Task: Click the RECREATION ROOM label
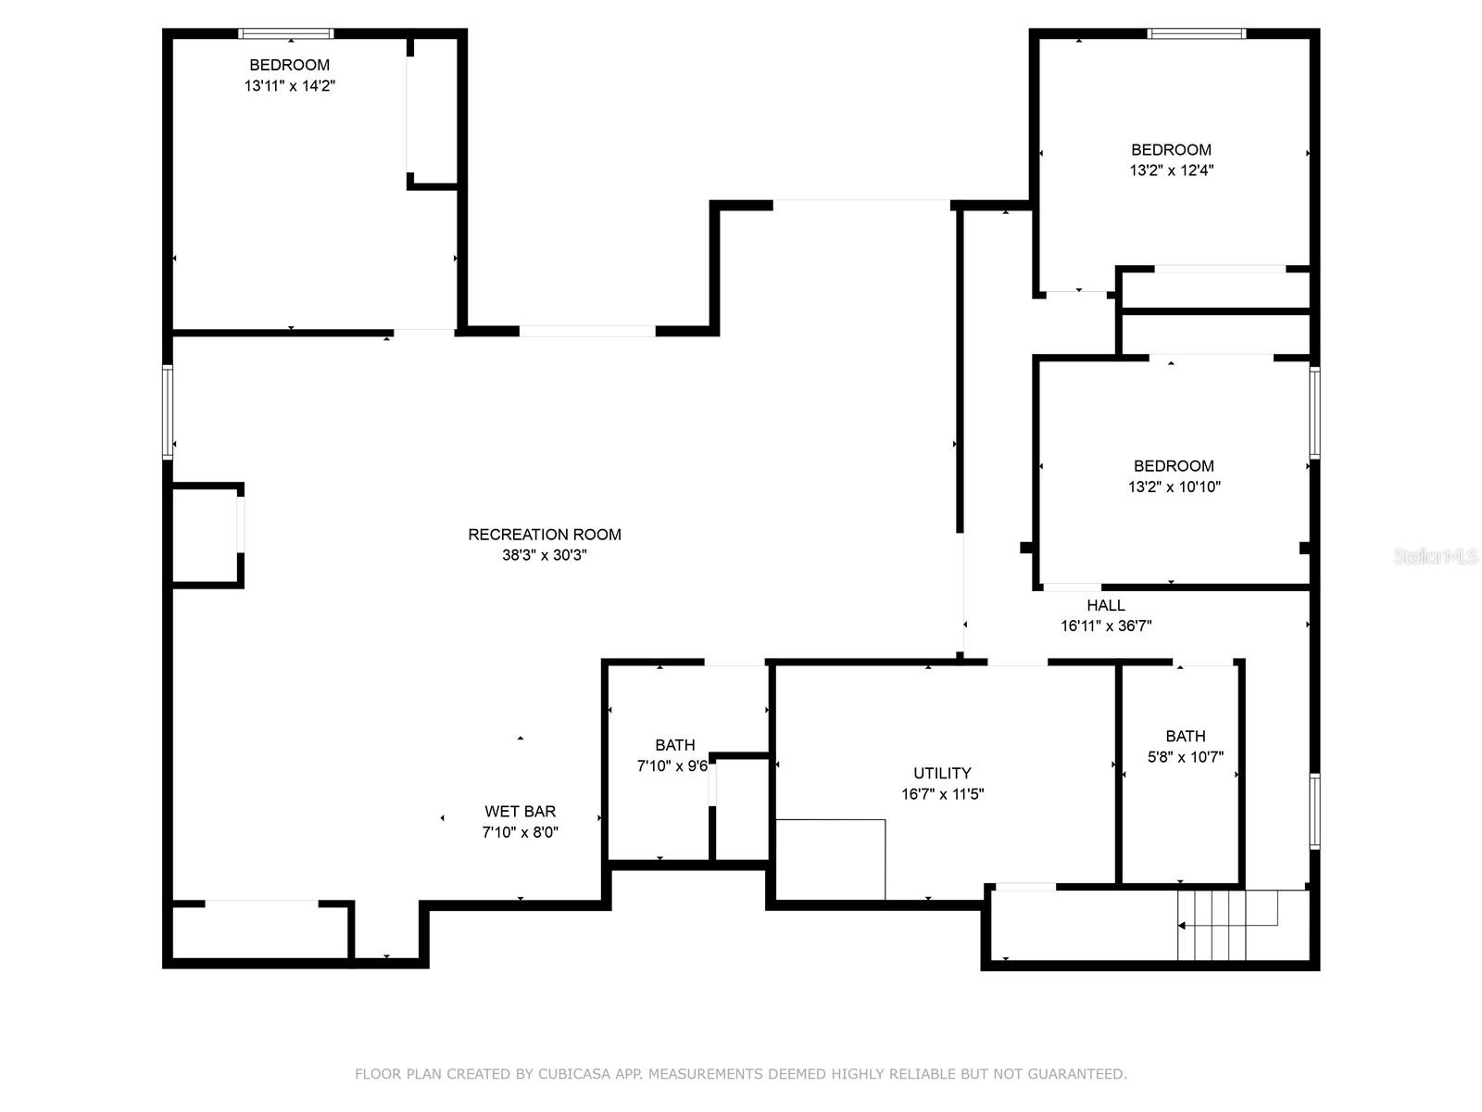pyautogui.click(x=544, y=535)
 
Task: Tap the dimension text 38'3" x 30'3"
pyautogui.click(x=544, y=556)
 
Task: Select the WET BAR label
pyautogui.click(x=520, y=812)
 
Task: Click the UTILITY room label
pyautogui.click(x=942, y=773)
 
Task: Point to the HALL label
pyautogui.click(x=1105, y=605)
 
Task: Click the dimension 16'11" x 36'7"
pyautogui.click(x=1105, y=626)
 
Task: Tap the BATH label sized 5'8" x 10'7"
pyautogui.click(x=1186, y=736)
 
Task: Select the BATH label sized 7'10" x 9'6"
pyautogui.click(x=674, y=745)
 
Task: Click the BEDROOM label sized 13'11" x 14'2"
pyautogui.click(x=289, y=65)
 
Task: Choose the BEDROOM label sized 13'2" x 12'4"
pyautogui.click(x=1171, y=149)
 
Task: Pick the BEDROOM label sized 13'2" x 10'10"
pyautogui.click(x=1174, y=466)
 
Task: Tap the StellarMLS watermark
pyautogui.click(x=1436, y=556)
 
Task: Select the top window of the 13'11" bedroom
pyautogui.click(x=285, y=34)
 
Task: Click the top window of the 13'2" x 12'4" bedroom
pyautogui.click(x=1196, y=34)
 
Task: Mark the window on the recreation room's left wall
pyautogui.click(x=168, y=412)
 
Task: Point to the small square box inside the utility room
pyautogui.click(x=830, y=859)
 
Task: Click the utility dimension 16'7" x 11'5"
pyautogui.click(x=942, y=794)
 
